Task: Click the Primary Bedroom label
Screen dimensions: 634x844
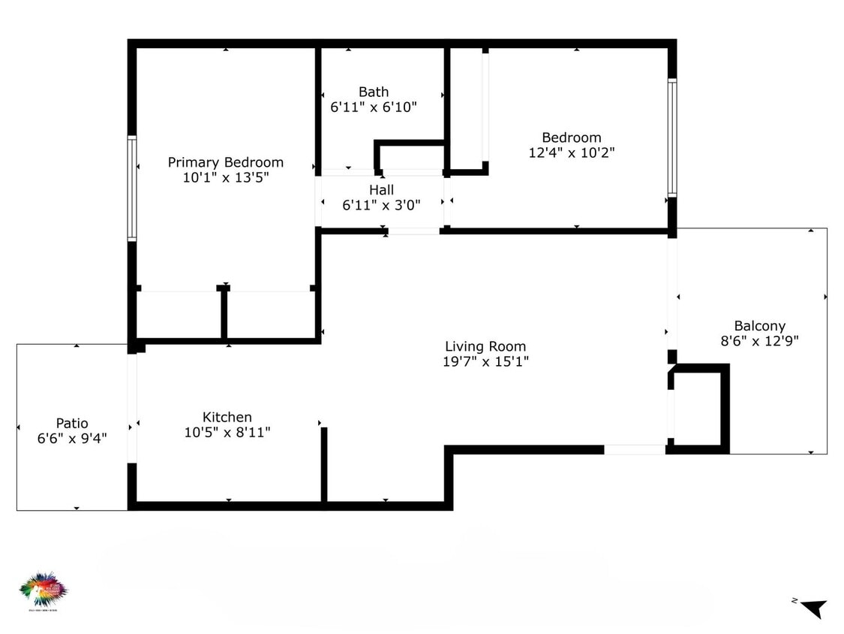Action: click(x=225, y=162)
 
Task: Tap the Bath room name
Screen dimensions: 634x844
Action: click(x=373, y=92)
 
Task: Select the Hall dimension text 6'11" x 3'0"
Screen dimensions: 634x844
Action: click(x=381, y=204)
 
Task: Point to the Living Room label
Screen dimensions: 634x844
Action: click(x=485, y=346)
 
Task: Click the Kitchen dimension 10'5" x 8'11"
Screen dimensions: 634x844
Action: click(x=227, y=432)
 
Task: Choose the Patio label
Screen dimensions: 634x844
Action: click(x=72, y=423)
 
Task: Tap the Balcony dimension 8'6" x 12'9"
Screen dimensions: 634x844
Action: click(x=759, y=340)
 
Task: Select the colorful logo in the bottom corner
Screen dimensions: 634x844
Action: click(x=43, y=589)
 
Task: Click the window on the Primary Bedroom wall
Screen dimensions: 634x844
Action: click(x=132, y=188)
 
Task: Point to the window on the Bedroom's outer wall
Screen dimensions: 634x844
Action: click(x=672, y=138)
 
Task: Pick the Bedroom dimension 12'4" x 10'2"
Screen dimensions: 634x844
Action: click(x=572, y=152)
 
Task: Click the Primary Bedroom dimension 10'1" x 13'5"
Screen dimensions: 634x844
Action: click(x=225, y=177)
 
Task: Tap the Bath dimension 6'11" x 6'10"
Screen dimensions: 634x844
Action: click(x=373, y=107)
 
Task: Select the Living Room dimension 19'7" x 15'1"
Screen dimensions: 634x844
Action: click(x=485, y=361)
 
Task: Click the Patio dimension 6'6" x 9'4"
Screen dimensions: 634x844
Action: click(x=72, y=438)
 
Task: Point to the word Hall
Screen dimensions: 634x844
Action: click(x=381, y=190)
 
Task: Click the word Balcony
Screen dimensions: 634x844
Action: click(x=759, y=326)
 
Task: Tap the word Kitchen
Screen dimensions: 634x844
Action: click(x=227, y=417)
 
